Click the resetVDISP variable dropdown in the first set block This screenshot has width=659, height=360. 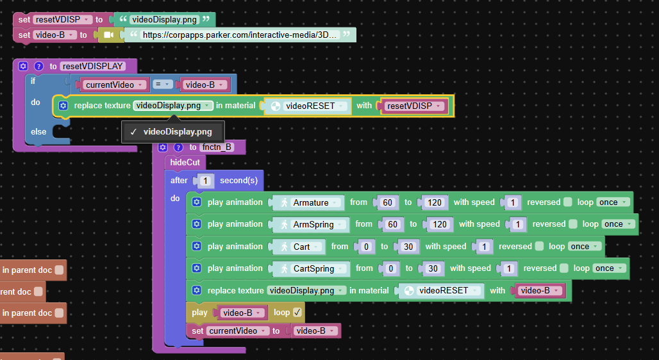[62, 19]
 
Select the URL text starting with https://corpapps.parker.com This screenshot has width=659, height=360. [239, 35]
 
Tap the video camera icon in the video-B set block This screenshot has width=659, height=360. [108, 35]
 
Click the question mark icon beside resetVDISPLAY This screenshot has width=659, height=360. [38, 66]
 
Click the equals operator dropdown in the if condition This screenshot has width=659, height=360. [162, 85]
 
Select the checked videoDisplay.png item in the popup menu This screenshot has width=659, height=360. [172, 132]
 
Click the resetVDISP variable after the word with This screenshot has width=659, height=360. [413, 106]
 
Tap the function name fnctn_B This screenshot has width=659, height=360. [217, 147]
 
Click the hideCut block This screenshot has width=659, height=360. [185, 162]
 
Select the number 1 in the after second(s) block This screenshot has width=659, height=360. [205, 181]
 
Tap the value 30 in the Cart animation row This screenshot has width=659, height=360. [408, 247]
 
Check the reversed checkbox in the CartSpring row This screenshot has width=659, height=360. [564, 268]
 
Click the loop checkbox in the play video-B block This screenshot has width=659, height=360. [297, 312]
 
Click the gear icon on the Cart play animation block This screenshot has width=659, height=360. [196, 246]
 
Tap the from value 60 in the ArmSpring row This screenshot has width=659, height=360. [392, 224]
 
